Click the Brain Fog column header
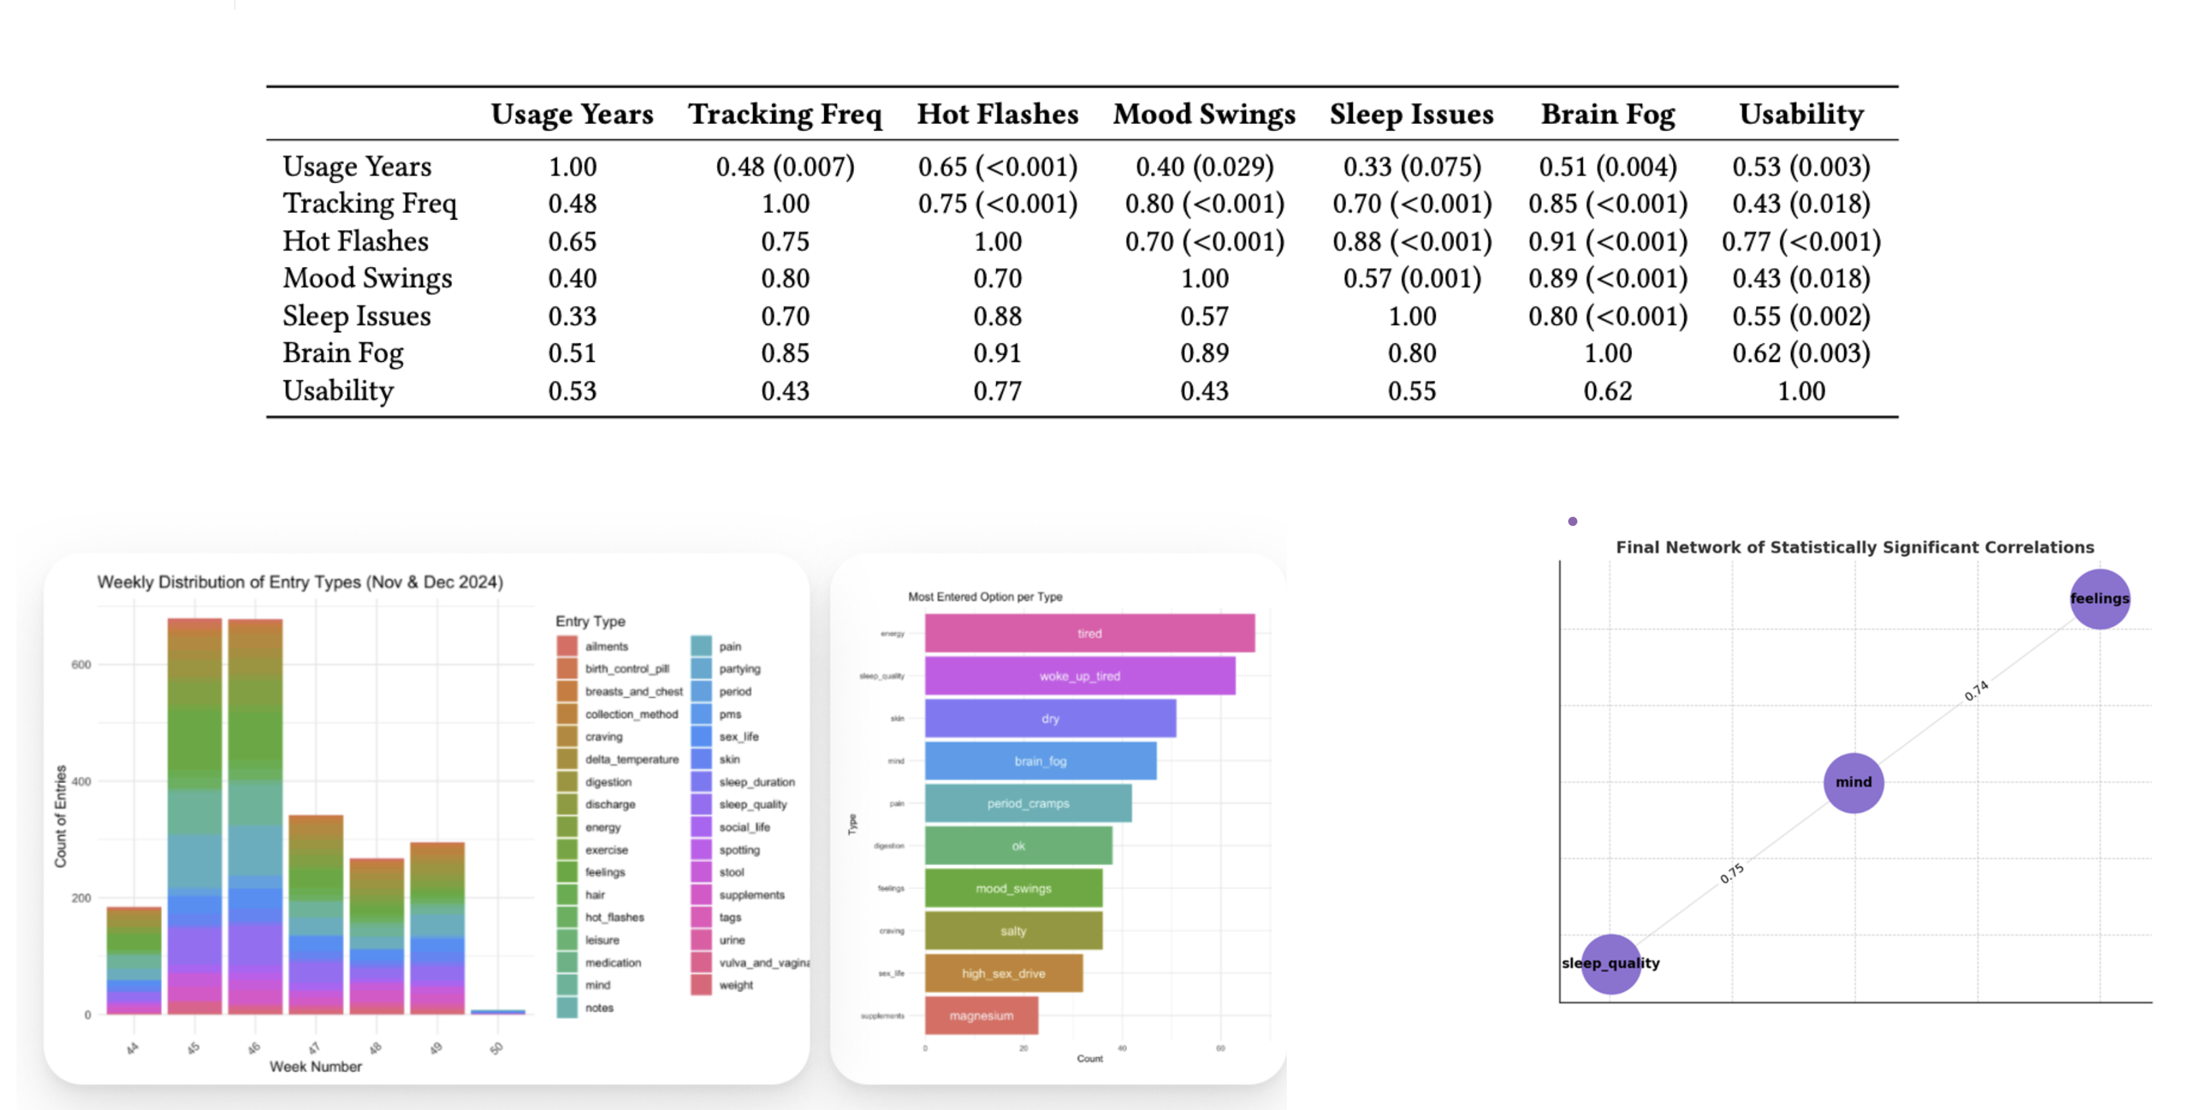click(x=1608, y=114)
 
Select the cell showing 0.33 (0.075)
click(x=1411, y=166)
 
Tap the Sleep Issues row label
click(x=356, y=316)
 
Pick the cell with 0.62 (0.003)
click(x=1801, y=353)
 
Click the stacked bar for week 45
click(x=194, y=813)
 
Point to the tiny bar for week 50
click(x=497, y=1012)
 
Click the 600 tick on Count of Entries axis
click(x=81, y=664)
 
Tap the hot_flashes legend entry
click(x=614, y=918)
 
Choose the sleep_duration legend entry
click(x=756, y=782)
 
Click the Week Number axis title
click(x=315, y=1066)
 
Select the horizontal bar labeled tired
click(x=1089, y=634)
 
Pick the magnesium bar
click(x=981, y=1016)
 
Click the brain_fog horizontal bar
click(x=1040, y=761)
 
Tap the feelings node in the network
click(x=2099, y=599)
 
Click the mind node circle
click(x=1853, y=782)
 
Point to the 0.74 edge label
click(x=1977, y=690)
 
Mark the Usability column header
click(x=1801, y=114)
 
